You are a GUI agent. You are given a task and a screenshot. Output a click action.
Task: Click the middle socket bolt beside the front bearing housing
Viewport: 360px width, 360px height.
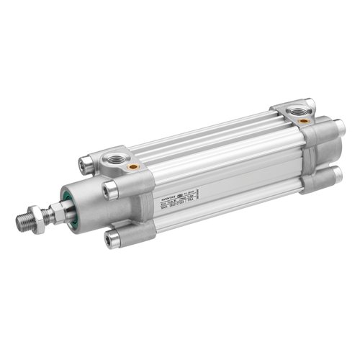[111, 189]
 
